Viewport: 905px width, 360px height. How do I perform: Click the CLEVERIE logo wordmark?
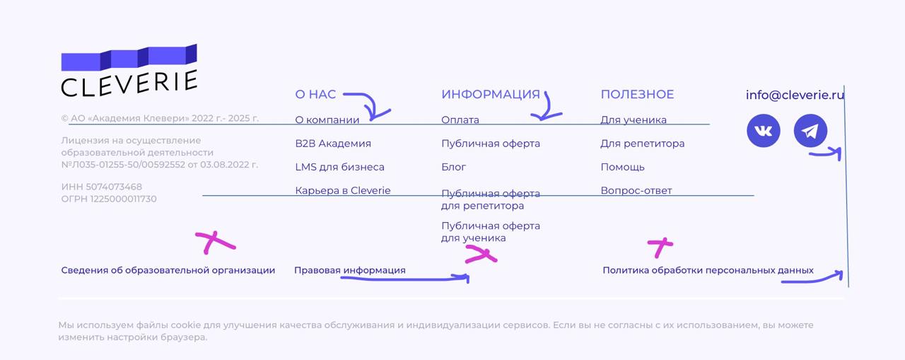129,83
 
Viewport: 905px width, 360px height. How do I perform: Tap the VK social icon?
764,131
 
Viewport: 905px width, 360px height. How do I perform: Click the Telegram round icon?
810,131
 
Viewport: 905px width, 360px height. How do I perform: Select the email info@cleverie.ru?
795,95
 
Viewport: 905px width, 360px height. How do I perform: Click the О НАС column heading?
315,94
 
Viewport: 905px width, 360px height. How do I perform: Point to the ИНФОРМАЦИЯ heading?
490,94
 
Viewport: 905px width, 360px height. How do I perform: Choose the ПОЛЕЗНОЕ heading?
637,94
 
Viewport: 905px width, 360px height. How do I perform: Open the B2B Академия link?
333,144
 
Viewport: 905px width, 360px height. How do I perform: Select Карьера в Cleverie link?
342,190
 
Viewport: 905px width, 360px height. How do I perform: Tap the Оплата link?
460,120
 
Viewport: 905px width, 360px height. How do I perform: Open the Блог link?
453,167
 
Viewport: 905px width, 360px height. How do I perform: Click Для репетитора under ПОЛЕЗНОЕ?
642,144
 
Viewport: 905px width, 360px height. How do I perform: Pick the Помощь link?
622,167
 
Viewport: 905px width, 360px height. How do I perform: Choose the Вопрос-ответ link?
636,190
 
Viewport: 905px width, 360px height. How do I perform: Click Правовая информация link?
349,270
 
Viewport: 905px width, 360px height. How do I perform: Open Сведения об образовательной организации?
168,270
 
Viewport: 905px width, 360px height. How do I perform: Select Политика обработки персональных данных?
708,270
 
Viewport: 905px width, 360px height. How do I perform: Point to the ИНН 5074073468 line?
101,187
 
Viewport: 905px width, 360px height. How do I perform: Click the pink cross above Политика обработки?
660,247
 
